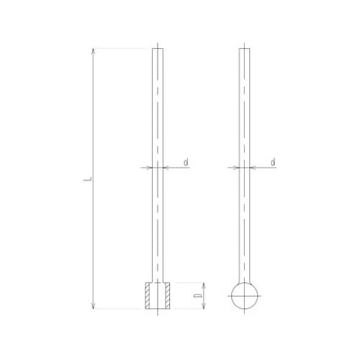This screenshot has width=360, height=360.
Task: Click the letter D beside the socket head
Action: pos(198,296)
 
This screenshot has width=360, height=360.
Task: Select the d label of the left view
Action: pos(186,163)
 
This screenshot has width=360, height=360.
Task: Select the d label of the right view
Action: pos(273,163)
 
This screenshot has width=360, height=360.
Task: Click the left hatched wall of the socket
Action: pos(147,295)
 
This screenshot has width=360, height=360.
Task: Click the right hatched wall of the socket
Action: pos(168,295)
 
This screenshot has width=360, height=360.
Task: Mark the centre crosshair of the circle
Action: pos(244,296)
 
